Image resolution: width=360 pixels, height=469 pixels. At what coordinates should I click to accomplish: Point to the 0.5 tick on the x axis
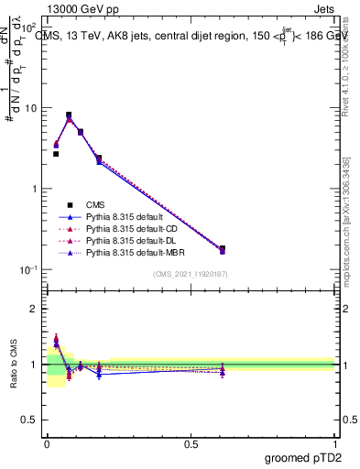pyautogui.click(x=191, y=443)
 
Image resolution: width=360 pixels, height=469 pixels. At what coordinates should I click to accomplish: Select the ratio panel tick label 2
pyautogui.click(x=35, y=309)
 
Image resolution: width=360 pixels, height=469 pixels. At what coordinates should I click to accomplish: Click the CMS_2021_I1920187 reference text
pyautogui.click(x=191, y=274)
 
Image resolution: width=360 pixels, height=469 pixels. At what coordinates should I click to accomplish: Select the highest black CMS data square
pyautogui.click(x=69, y=115)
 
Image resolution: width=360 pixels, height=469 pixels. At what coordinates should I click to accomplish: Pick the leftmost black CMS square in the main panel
pyautogui.click(x=56, y=154)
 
